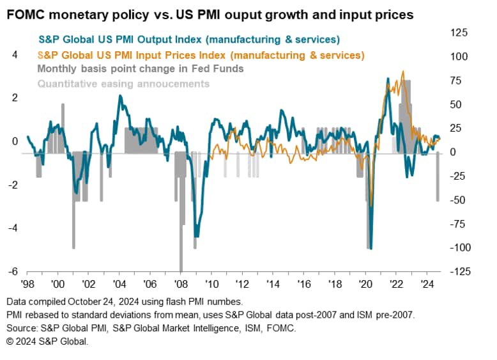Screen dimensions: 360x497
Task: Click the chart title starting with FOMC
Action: click(x=207, y=13)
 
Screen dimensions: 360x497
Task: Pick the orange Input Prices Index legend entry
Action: click(x=201, y=56)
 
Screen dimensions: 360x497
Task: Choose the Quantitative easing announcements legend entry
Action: click(x=123, y=83)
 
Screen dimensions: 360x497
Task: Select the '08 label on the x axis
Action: click(x=180, y=286)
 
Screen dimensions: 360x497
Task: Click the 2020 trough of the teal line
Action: click(x=371, y=247)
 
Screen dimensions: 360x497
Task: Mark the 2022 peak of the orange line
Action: click(x=402, y=72)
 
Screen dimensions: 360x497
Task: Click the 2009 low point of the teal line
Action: click(x=196, y=237)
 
